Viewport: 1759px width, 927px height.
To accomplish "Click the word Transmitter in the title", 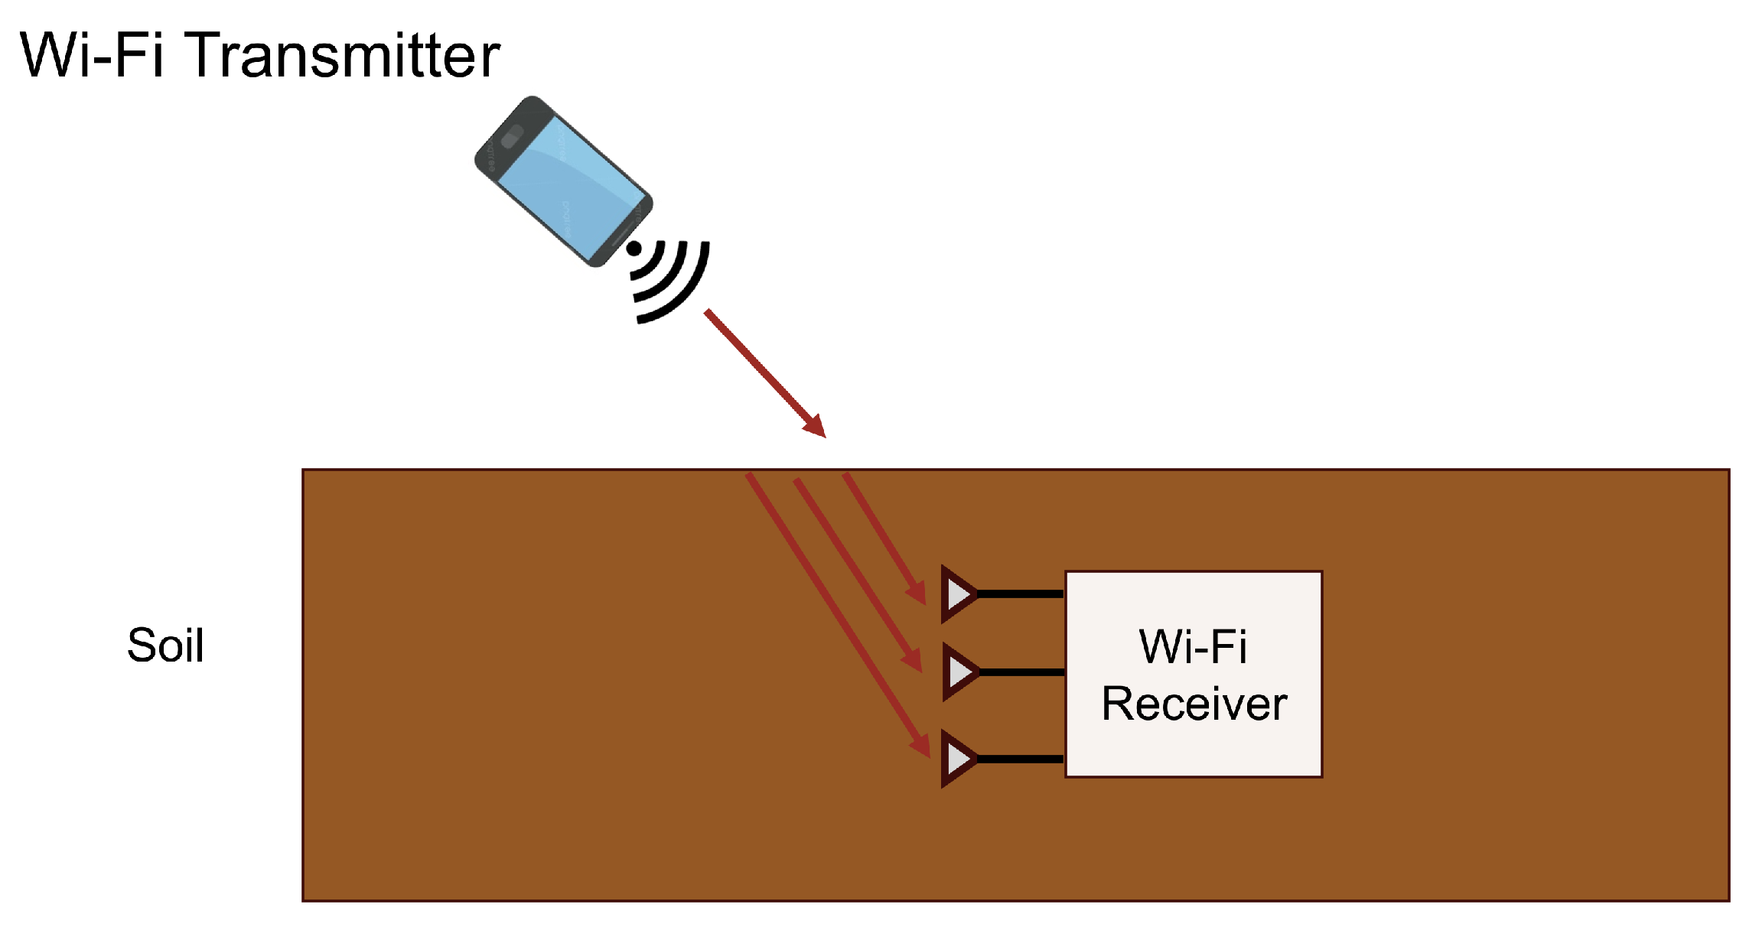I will pyautogui.click(x=342, y=56).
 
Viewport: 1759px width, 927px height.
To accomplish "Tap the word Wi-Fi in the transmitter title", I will pyautogui.click(x=91, y=56).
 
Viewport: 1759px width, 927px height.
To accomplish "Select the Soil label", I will pyautogui.click(x=165, y=646).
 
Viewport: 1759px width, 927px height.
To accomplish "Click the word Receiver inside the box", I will pyautogui.click(x=1194, y=704).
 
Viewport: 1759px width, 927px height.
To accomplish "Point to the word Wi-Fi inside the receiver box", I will pyautogui.click(x=1193, y=647).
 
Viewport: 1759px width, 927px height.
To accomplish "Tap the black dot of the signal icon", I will pyautogui.click(x=634, y=249).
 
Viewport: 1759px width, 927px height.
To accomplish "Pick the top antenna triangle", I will pyautogui.click(x=957, y=594).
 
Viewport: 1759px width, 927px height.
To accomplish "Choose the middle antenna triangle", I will pyautogui.click(x=957, y=672).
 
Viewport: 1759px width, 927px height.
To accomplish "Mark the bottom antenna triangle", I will pyautogui.click(x=957, y=759).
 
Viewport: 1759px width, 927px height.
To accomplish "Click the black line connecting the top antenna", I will pyautogui.click(x=1020, y=594).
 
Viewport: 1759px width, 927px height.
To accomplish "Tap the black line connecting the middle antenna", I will pyautogui.click(x=1020, y=672).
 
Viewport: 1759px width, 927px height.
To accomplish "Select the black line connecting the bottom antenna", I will pyautogui.click(x=1020, y=759).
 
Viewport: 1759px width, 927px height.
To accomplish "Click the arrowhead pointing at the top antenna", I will pyautogui.click(x=917, y=592).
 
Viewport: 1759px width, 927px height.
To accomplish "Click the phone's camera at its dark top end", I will pyautogui.click(x=511, y=137).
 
